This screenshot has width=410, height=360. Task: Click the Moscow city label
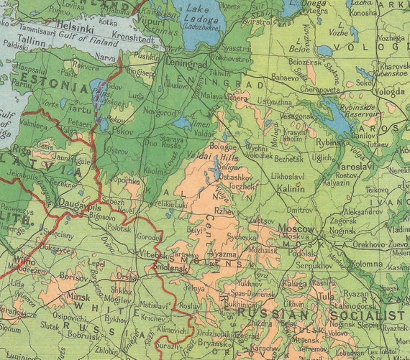pyautogui.click(x=296, y=229)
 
